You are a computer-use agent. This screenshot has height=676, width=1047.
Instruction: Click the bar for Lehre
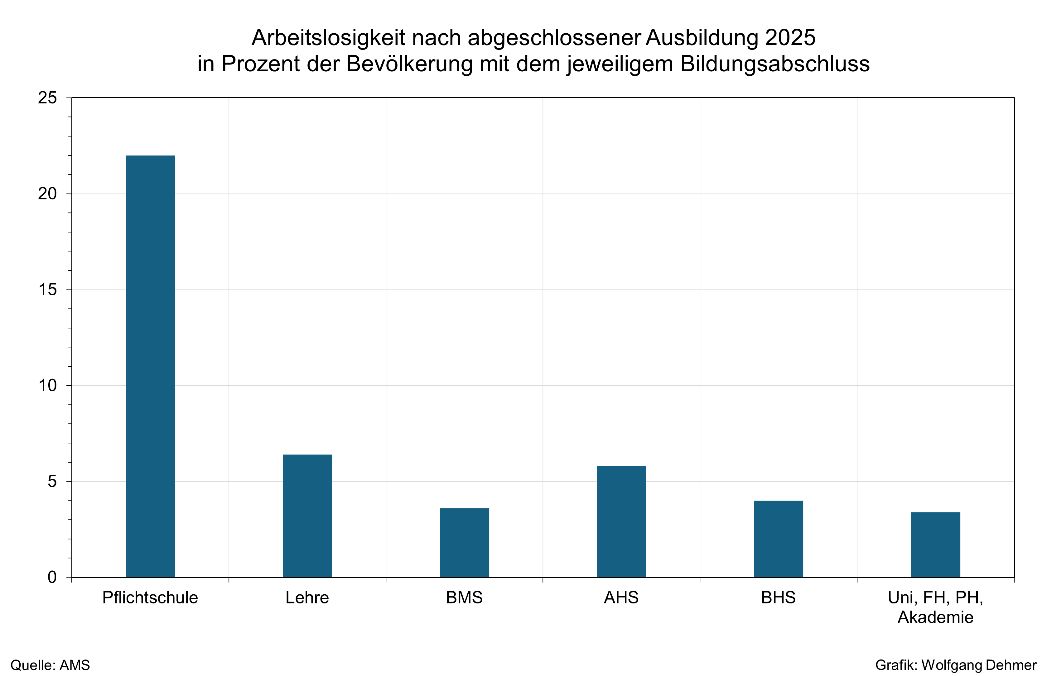(x=307, y=516)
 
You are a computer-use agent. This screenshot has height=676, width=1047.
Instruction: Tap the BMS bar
(x=464, y=543)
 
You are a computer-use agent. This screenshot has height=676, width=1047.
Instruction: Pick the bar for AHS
(x=621, y=521)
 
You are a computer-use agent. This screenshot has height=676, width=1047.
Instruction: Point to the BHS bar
(x=779, y=539)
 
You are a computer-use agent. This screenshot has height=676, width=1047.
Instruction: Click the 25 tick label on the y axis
(x=47, y=98)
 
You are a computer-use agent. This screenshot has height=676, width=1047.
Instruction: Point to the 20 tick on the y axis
(x=47, y=193)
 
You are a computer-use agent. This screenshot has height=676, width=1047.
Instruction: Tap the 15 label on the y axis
(x=47, y=290)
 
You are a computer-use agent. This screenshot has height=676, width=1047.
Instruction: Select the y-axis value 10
(x=47, y=385)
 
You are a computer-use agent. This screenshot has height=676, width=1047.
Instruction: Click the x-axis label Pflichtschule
(x=150, y=598)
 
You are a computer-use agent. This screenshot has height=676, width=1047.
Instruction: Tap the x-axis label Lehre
(x=307, y=598)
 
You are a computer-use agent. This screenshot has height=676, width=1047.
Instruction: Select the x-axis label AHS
(x=621, y=598)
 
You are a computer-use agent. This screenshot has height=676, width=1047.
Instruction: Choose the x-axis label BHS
(x=779, y=598)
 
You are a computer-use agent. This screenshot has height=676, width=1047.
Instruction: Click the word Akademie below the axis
(x=935, y=617)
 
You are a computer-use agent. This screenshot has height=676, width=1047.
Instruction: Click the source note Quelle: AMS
(x=50, y=665)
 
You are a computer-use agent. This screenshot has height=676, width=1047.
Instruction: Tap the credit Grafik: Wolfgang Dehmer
(x=956, y=665)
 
